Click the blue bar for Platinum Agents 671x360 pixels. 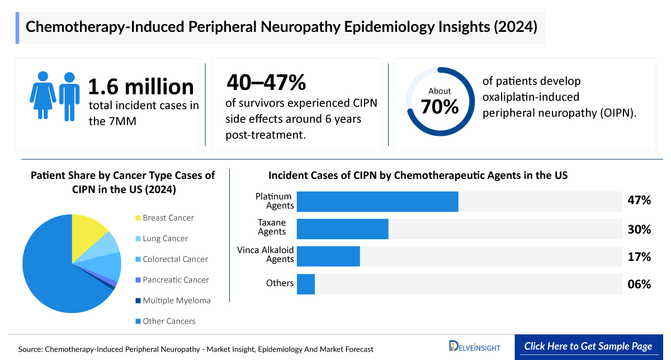click(x=377, y=202)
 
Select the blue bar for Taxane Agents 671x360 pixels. click(x=342, y=229)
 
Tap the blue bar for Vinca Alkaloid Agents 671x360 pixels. click(x=328, y=257)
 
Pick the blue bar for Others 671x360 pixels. click(x=306, y=284)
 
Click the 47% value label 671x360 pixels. click(x=639, y=201)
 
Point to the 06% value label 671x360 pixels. click(x=639, y=284)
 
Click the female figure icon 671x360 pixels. click(x=42, y=96)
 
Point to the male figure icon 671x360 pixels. click(x=69, y=96)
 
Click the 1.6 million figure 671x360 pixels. click(x=141, y=87)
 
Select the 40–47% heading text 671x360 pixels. click(x=266, y=83)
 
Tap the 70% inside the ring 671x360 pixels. click(x=440, y=106)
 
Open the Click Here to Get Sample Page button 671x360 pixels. click(x=588, y=346)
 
